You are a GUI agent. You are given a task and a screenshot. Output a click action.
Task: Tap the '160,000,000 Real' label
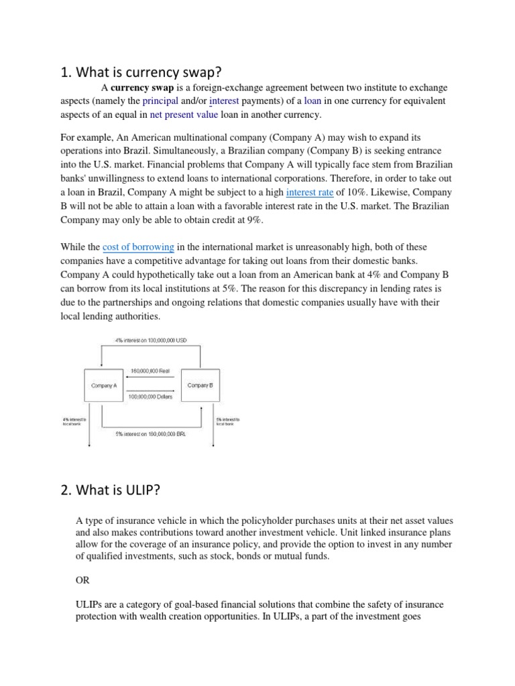tap(150, 370)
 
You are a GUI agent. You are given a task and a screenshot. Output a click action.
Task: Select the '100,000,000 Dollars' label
tap(150, 397)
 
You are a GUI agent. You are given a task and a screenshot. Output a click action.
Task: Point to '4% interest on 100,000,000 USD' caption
tap(151, 340)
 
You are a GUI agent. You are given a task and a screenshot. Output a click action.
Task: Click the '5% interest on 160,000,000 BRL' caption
tap(151, 433)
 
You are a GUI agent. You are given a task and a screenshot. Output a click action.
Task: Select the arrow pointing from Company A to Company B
tap(150, 390)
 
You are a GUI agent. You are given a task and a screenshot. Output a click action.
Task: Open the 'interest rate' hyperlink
tap(310, 193)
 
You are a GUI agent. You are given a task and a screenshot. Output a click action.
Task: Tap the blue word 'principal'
tap(160, 101)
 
